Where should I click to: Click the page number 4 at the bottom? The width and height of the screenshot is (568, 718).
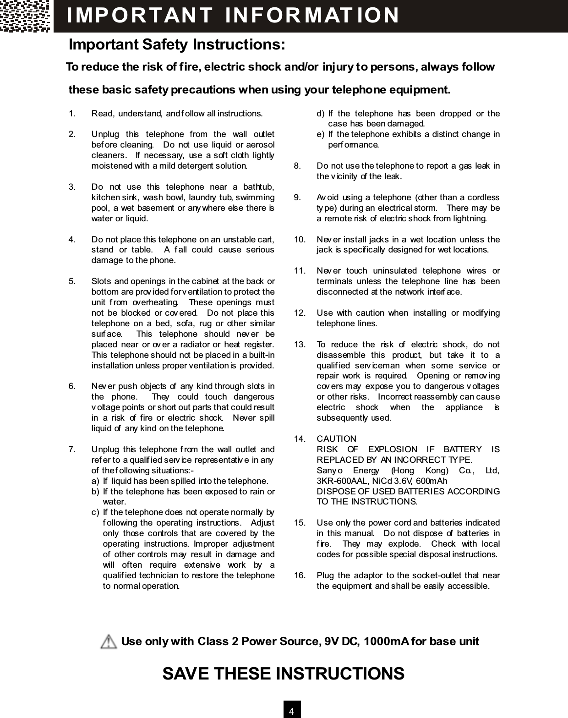pyautogui.click(x=291, y=711)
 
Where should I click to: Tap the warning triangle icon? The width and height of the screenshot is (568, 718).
pyautogui.click(x=108, y=641)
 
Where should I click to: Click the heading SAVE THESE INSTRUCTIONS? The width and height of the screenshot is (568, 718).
pyautogui.click(x=284, y=674)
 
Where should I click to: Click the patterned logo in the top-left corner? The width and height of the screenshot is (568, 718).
pyautogui.click(x=25, y=16)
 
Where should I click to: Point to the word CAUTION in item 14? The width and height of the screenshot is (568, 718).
pyautogui.click(x=336, y=439)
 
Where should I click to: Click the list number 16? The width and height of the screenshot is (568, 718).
pyautogui.click(x=300, y=575)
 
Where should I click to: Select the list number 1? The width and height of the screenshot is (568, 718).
pyautogui.click(x=72, y=113)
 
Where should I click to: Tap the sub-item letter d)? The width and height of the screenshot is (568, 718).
pyautogui.click(x=321, y=113)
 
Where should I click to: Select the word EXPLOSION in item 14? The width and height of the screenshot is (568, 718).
pyautogui.click(x=393, y=449)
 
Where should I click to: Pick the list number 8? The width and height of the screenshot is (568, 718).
pyautogui.click(x=297, y=166)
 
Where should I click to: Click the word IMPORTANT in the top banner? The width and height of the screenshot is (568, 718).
pyautogui.click(x=139, y=15)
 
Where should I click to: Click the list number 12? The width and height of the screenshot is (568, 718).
pyautogui.click(x=300, y=313)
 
